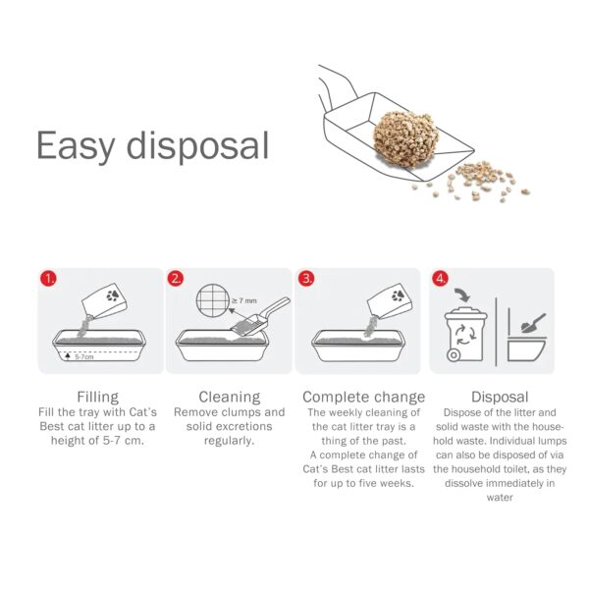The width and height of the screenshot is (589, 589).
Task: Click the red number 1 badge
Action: (x=48, y=279)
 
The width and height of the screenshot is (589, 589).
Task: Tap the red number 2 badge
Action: (x=176, y=279)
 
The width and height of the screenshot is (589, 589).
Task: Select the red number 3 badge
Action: (x=306, y=279)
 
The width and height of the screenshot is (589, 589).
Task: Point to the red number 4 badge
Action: (x=440, y=279)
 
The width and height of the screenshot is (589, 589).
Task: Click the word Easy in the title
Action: (x=76, y=146)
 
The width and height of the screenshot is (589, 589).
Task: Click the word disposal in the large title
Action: (x=197, y=145)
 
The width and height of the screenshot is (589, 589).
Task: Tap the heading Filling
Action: (x=97, y=397)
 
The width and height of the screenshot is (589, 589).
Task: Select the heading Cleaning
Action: (x=230, y=397)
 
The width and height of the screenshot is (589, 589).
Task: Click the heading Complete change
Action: (x=363, y=397)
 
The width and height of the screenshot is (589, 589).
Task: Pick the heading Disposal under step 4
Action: (x=500, y=397)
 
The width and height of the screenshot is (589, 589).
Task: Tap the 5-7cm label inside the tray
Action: (x=84, y=357)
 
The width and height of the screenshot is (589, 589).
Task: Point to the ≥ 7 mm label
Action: (x=244, y=301)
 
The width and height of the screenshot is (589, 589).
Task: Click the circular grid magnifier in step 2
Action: (x=213, y=300)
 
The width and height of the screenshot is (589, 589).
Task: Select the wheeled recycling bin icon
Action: (x=465, y=335)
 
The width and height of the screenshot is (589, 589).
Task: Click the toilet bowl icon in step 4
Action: (x=526, y=350)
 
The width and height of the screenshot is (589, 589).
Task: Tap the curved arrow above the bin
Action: (x=462, y=294)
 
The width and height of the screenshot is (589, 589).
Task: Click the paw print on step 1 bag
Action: (x=113, y=295)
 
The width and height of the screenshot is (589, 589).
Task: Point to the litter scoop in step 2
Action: (x=260, y=316)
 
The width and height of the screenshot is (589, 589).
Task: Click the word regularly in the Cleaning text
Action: (x=229, y=441)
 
